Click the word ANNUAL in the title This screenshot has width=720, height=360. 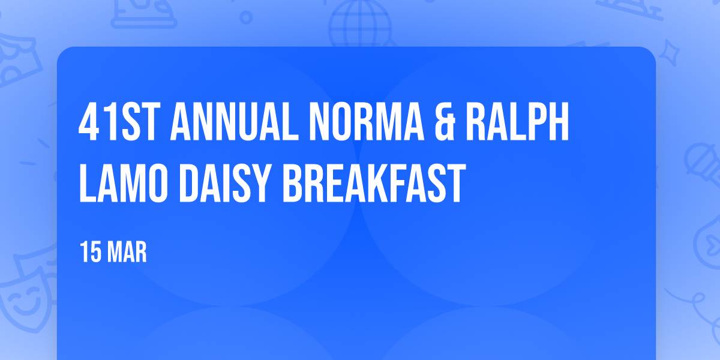(x=235, y=122)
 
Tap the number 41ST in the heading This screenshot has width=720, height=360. (x=119, y=122)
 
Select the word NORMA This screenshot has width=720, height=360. (x=367, y=122)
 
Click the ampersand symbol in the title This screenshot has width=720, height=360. (x=445, y=122)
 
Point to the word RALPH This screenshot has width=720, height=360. (x=517, y=122)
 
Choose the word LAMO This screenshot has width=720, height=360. (x=124, y=183)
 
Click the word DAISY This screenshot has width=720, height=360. (x=223, y=183)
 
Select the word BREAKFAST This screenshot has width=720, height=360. (x=374, y=183)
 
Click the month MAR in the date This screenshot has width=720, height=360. (x=127, y=252)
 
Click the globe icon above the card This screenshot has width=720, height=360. (x=360, y=24)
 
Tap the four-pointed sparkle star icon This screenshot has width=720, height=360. (x=669, y=53)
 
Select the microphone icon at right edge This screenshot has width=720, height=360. (x=703, y=164)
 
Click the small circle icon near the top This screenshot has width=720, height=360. (x=246, y=17)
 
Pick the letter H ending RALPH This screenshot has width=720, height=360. (x=559, y=122)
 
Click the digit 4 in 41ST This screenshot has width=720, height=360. (x=88, y=122)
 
